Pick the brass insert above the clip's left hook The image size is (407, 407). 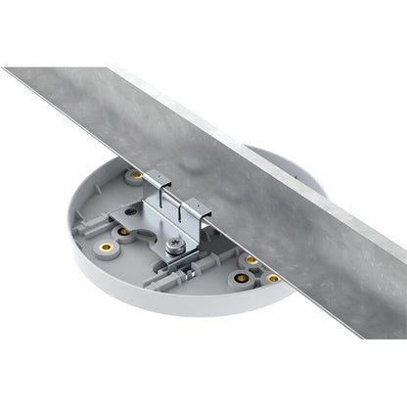click(x=136, y=175)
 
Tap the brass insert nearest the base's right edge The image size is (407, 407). click(x=273, y=278)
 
